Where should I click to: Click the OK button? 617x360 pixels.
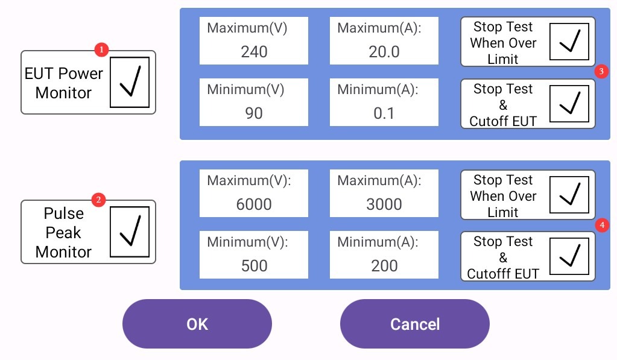(197, 324)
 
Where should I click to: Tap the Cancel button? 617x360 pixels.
(415, 324)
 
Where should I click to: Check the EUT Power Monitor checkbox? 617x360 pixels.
(130, 82)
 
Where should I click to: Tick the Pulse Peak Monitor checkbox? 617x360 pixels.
(130, 232)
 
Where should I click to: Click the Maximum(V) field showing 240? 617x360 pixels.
(254, 40)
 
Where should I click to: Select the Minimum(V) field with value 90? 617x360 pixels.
(254, 103)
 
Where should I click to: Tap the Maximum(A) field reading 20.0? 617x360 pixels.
(384, 40)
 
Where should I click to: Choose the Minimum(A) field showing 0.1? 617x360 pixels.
(384, 103)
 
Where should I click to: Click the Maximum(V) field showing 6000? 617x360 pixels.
(254, 193)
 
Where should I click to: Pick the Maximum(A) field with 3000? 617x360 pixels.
(384, 193)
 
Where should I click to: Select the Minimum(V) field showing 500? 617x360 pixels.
(254, 255)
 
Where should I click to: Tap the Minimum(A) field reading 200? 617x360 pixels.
(384, 255)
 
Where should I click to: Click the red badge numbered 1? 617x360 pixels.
(101, 49)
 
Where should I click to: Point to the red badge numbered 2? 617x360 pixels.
(98, 200)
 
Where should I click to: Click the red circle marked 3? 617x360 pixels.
(601, 71)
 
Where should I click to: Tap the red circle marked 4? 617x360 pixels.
(602, 225)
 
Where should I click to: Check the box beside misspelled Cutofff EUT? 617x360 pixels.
(569, 256)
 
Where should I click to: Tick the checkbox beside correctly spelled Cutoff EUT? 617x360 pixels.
(569, 104)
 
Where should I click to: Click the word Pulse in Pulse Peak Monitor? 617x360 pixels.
(64, 213)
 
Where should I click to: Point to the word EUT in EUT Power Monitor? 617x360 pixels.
(37, 74)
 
